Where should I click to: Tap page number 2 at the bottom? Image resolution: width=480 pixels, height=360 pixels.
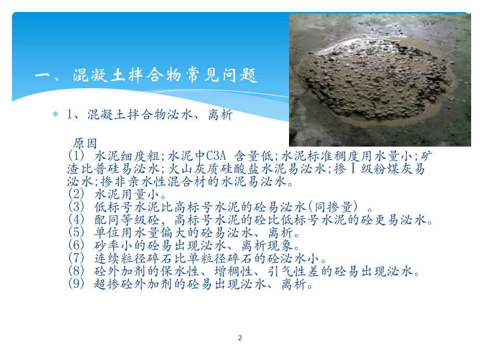point(240,338)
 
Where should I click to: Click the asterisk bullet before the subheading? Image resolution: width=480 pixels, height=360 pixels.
point(56,115)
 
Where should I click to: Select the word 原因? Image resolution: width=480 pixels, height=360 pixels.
point(86,143)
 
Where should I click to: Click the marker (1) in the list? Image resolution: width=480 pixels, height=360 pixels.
point(76,157)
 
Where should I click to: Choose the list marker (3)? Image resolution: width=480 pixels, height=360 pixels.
point(76,207)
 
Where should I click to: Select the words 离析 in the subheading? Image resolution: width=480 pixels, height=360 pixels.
point(219,115)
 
